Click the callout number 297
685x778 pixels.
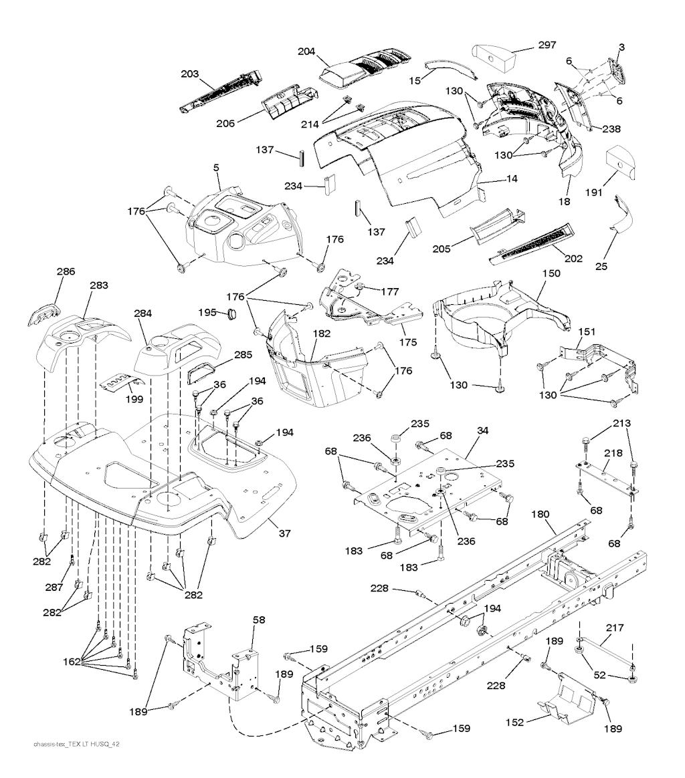pos(548,45)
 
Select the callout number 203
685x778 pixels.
pos(189,74)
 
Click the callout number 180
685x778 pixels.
pos(541,514)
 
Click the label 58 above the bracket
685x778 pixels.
pos(258,620)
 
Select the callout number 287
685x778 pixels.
pos(54,588)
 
